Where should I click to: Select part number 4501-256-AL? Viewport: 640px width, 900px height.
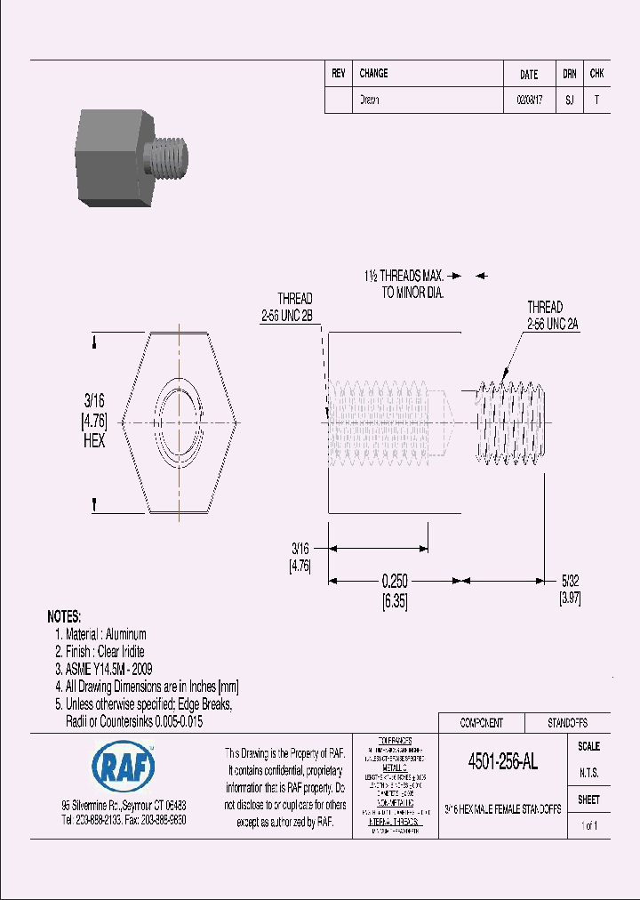click(x=502, y=762)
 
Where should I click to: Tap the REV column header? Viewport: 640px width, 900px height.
click(x=338, y=74)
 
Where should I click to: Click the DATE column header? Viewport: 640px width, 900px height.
click(x=528, y=75)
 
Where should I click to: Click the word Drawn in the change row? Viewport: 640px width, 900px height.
click(x=369, y=100)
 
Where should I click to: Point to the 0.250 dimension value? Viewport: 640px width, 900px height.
click(x=395, y=581)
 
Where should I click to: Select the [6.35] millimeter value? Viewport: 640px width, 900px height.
click(x=395, y=601)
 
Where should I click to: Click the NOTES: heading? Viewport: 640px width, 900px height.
click(x=64, y=616)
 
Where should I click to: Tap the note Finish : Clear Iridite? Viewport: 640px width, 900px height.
click(x=100, y=652)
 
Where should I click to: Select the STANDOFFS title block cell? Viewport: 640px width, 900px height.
click(x=566, y=723)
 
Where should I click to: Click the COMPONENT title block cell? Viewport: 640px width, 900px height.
click(x=481, y=723)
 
